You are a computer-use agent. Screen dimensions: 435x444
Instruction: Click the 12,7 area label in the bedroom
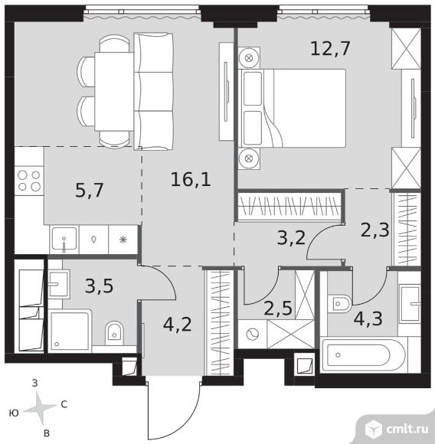(330, 49)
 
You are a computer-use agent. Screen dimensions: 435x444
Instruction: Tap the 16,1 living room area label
(191, 180)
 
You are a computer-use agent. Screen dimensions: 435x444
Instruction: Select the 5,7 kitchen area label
(90, 191)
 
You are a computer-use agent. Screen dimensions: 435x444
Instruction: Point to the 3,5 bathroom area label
(99, 286)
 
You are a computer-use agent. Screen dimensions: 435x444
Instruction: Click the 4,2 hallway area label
(178, 325)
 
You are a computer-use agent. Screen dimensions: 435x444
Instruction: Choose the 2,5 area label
(278, 309)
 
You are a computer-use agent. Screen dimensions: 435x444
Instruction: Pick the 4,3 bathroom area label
(368, 318)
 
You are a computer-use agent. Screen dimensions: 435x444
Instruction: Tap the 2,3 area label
(375, 230)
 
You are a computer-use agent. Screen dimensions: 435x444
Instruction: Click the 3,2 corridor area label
(292, 238)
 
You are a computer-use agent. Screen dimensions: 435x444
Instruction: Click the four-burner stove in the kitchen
(29, 181)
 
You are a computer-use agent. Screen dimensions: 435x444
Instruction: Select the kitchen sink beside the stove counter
(64, 240)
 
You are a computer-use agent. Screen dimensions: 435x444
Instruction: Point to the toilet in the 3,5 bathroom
(114, 333)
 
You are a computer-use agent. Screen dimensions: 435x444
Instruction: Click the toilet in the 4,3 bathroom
(339, 304)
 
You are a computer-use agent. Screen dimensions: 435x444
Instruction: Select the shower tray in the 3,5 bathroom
(70, 331)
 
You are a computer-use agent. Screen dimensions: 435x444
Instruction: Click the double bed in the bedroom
(292, 108)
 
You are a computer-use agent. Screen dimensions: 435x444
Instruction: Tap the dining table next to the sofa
(114, 91)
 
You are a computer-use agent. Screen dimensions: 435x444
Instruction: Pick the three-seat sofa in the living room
(153, 91)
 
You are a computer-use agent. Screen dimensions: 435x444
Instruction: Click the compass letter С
(64, 404)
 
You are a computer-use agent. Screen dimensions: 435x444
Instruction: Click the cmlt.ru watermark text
(407, 429)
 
